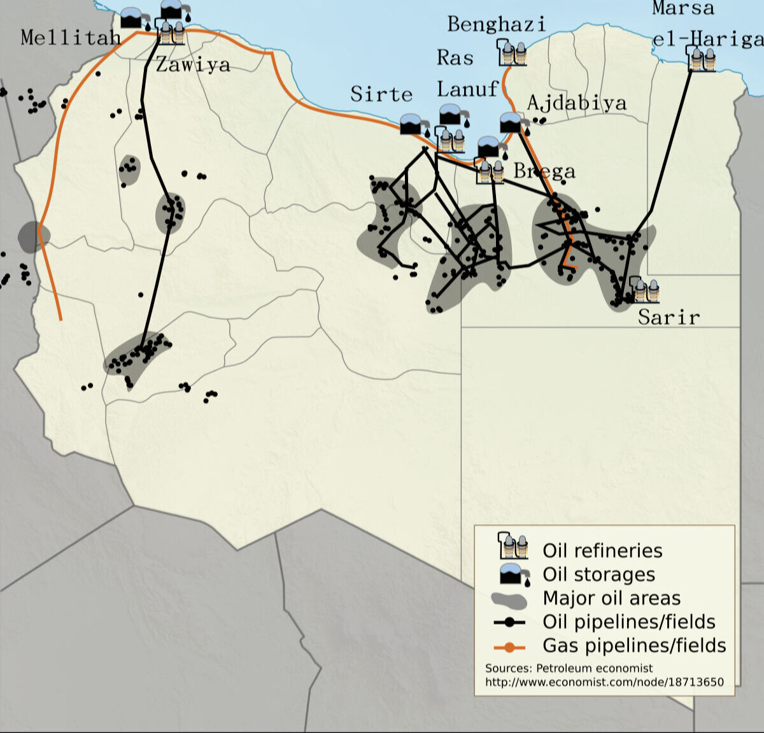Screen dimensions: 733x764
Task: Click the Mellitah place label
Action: pyautogui.click(x=71, y=38)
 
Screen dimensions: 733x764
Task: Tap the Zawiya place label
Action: pyautogui.click(x=193, y=64)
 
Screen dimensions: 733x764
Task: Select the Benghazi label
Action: pyautogui.click(x=497, y=25)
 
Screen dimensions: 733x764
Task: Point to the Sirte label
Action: pyautogui.click(x=381, y=94)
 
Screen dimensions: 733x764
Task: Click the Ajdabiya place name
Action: pyautogui.click(x=577, y=103)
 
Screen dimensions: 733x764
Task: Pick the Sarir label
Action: pyautogui.click(x=668, y=317)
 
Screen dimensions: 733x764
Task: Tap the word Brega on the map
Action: pyautogui.click(x=544, y=171)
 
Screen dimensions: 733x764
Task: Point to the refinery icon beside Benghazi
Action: pyautogui.click(x=513, y=53)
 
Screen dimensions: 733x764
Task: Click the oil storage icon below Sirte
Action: pyautogui.click(x=411, y=124)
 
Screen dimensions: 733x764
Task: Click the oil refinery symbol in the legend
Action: pyautogui.click(x=513, y=546)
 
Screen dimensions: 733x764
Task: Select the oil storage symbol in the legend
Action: pyautogui.click(x=514, y=574)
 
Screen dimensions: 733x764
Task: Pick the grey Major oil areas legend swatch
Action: pyautogui.click(x=509, y=599)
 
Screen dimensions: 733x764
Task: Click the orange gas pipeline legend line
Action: pyautogui.click(x=509, y=647)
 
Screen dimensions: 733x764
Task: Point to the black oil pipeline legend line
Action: pyautogui.click(x=509, y=622)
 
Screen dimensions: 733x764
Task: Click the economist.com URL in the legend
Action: pyautogui.click(x=604, y=682)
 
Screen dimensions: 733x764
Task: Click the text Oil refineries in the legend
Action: pyautogui.click(x=602, y=550)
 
